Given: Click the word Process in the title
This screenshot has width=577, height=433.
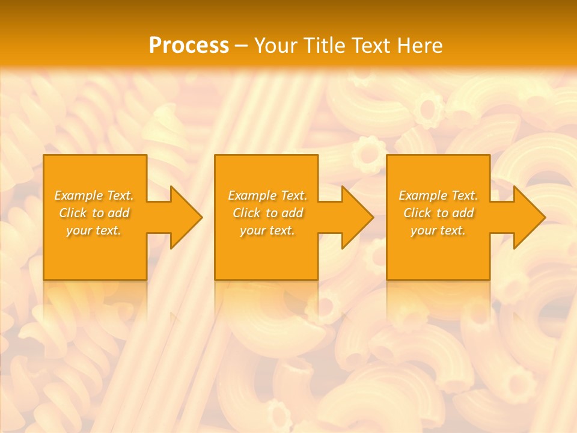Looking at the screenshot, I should click(189, 46).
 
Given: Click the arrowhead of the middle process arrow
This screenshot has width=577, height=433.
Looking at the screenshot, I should click(357, 217).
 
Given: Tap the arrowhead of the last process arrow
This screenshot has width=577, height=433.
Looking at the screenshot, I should click(529, 217).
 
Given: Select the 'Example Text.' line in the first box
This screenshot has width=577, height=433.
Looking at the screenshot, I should click(94, 195).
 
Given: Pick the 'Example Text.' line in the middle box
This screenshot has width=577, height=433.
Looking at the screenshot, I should click(267, 195).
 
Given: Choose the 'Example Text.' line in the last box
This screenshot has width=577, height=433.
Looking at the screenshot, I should click(438, 195).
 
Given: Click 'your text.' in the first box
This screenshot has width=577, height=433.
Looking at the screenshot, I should click(94, 230).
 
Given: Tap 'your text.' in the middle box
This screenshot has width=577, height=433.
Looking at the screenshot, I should click(267, 230).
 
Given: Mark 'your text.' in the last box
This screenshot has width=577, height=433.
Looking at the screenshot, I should click(438, 230).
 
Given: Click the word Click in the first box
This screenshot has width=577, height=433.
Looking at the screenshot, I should click(73, 213).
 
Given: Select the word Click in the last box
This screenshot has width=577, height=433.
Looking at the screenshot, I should click(417, 213).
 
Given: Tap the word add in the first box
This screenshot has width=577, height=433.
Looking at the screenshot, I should click(118, 213).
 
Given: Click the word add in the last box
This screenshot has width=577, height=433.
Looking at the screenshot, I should click(463, 213).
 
